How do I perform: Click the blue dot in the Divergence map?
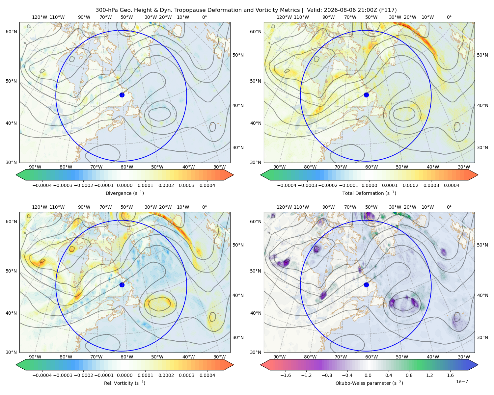(122, 95)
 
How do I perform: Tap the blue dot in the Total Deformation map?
(366, 95)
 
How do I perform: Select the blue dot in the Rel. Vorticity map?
(122, 285)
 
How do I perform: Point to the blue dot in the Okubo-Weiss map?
(366, 285)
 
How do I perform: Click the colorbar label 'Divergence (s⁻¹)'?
(124, 193)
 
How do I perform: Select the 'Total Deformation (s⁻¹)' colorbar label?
(369, 193)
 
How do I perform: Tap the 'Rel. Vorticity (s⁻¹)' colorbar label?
(124, 383)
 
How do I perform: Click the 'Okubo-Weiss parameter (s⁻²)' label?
(369, 383)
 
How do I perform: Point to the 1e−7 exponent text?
(462, 382)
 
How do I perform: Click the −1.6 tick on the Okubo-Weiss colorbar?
(286, 375)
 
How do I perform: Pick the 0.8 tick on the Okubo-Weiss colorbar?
(409, 375)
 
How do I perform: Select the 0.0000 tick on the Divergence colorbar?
(124, 185)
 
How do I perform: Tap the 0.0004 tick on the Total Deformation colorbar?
(452, 185)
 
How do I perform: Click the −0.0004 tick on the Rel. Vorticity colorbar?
(42, 375)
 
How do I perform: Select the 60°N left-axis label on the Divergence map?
(11, 32)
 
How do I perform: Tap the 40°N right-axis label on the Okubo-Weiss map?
(482, 295)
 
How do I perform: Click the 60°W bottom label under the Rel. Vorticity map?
(127, 357)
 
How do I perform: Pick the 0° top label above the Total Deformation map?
(449, 17)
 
